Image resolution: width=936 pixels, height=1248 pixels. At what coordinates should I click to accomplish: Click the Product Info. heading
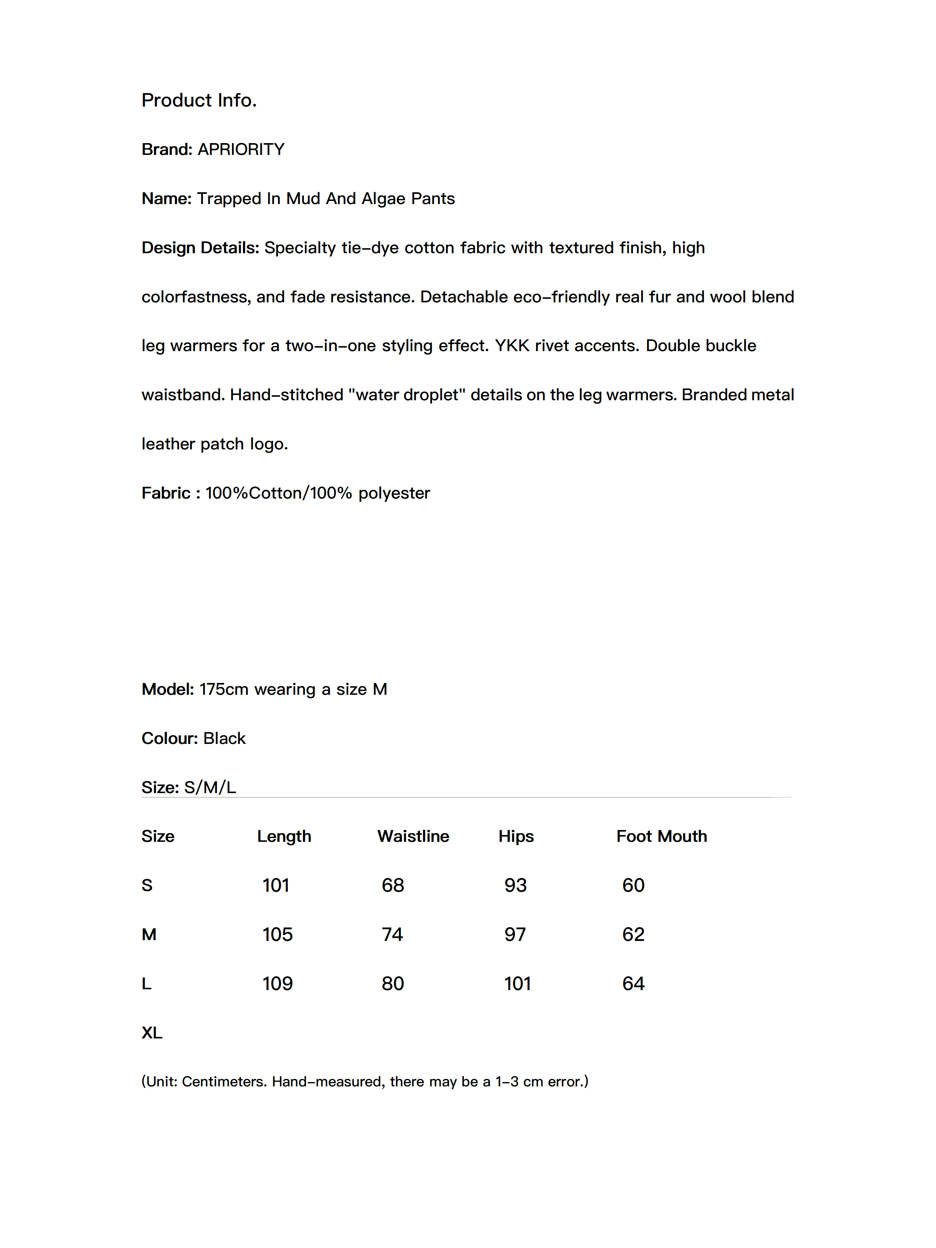coord(199,100)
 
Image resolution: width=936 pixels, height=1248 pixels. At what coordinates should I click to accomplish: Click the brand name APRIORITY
coord(241,149)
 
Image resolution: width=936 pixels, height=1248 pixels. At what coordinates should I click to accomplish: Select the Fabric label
coord(166,493)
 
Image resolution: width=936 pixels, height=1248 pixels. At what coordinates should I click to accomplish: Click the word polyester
coord(394,493)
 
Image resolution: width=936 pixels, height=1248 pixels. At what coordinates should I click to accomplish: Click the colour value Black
coord(224,738)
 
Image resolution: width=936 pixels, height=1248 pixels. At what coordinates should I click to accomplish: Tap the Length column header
coord(284,836)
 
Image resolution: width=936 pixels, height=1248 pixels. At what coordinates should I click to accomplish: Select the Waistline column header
coord(413,836)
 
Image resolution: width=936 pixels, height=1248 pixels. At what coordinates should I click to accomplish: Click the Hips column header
coord(516,836)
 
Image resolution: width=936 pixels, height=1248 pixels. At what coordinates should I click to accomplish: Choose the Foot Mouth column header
coord(661,836)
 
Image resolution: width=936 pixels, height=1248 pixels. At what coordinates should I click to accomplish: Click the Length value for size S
coord(276,885)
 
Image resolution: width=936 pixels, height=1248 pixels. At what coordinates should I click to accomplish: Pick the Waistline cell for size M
coord(392,934)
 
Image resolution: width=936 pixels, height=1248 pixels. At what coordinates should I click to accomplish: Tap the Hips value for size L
coord(517,983)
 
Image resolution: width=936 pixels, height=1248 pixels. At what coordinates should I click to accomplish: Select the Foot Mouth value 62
coord(633,934)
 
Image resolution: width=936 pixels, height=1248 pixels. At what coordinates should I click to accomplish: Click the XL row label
coord(152,1033)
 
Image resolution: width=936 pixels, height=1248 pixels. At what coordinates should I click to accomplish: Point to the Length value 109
coord(278,983)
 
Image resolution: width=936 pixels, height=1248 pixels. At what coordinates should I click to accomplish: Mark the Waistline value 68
coord(393,885)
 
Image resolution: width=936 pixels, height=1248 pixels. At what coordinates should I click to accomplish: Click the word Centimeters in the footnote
coord(224,1082)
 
